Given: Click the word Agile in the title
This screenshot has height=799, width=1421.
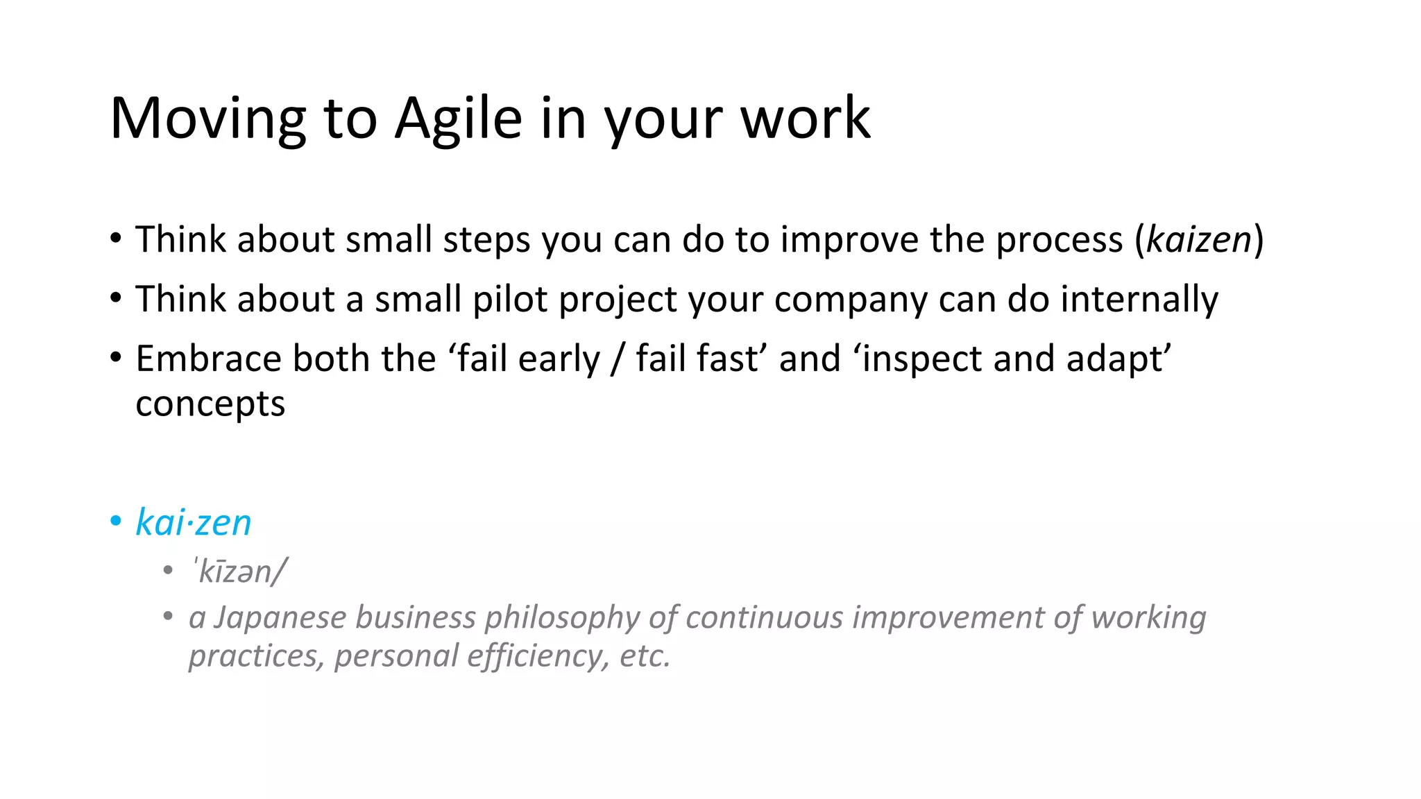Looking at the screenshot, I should pyautogui.click(x=458, y=119).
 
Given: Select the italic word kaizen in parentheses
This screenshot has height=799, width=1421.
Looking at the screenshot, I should pyautogui.click(x=1199, y=240).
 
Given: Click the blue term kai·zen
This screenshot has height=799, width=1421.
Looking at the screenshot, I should pyautogui.click(x=193, y=522).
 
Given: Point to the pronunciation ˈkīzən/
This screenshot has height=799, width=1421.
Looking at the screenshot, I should pyautogui.click(x=239, y=572).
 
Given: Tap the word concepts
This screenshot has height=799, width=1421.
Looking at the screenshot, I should pyautogui.click(x=210, y=404).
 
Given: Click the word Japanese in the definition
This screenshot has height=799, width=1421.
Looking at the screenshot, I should pyautogui.click(x=280, y=617).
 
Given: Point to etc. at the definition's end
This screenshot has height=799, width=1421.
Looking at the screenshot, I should pyautogui.click(x=645, y=656).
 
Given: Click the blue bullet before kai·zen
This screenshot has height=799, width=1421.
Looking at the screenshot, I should pyautogui.click(x=116, y=522).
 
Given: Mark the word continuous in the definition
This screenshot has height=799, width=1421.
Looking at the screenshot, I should pyautogui.click(x=764, y=617).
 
